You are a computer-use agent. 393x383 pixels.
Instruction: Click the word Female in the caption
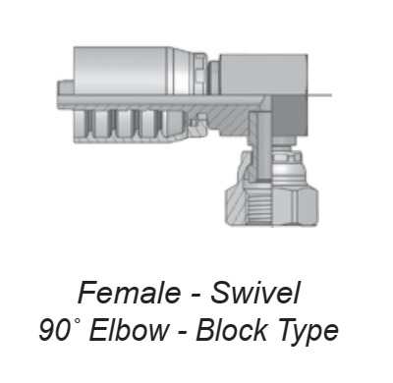point(129,293)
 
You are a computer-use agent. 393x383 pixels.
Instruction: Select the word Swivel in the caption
point(255,292)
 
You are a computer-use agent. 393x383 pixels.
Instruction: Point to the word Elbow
point(129,330)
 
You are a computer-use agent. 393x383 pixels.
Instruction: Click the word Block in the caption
point(231,330)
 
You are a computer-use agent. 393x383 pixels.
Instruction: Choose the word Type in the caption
point(306,331)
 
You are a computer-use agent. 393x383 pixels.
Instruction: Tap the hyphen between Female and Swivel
point(196,295)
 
